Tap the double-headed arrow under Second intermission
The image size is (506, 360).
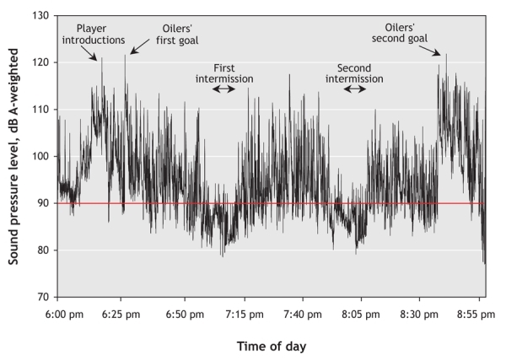[x=354, y=88]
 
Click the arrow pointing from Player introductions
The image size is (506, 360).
[x=95, y=53]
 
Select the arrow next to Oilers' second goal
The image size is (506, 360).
[x=436, y=51]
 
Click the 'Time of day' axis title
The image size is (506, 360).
[x=269, y=346]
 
